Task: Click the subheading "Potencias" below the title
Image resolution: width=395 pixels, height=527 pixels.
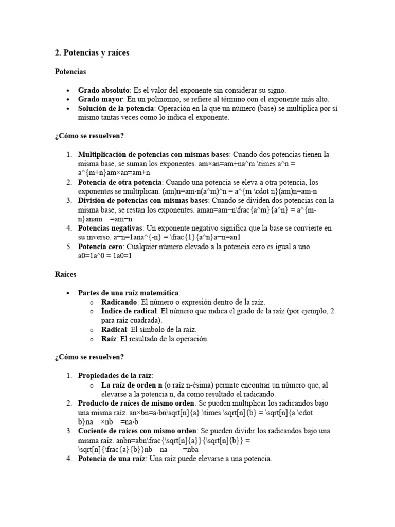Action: click(x=70, y=72)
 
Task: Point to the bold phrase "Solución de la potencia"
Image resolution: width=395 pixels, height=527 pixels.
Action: click(x=116, y=108)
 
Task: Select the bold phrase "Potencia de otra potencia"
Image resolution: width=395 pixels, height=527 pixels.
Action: click(x=120, y=182)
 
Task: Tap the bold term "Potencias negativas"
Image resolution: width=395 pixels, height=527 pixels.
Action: click(x=111, y=228)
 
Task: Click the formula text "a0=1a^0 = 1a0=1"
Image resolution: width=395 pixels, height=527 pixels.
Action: click(x=105, y=256)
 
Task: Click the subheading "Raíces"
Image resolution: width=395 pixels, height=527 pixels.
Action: click(x=65, y=274)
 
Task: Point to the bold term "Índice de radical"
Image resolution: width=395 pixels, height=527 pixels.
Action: click(x=130, y=311)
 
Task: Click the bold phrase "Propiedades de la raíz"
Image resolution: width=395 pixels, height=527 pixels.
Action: click(x=115, y=375)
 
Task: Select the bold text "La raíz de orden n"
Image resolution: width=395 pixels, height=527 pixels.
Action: click(x=132, y=384)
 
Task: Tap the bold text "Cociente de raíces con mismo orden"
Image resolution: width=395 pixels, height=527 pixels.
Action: click(x=137, y=430)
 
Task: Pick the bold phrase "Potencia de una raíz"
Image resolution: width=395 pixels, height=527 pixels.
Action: click(x=113, y=458)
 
